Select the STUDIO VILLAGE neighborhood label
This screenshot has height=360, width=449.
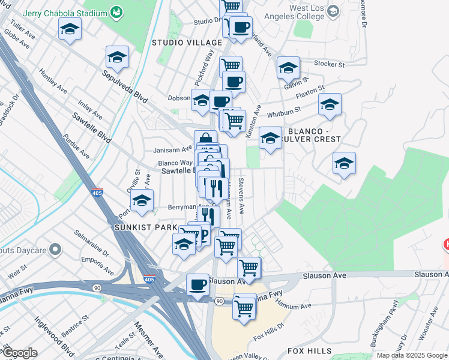click(179, 43)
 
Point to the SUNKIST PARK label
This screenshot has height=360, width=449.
click(145, 228)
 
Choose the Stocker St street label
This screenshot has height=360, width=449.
click(330, 63)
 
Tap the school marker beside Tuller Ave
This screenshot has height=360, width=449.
click(70, 28)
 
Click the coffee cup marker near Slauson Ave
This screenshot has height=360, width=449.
click(197, 284)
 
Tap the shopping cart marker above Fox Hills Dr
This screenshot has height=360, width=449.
click(244, 307)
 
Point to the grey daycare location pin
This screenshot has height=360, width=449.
click(55, 248)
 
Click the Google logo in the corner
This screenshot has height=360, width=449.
click(20, 353)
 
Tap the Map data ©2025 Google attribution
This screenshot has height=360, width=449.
click(412, 355)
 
